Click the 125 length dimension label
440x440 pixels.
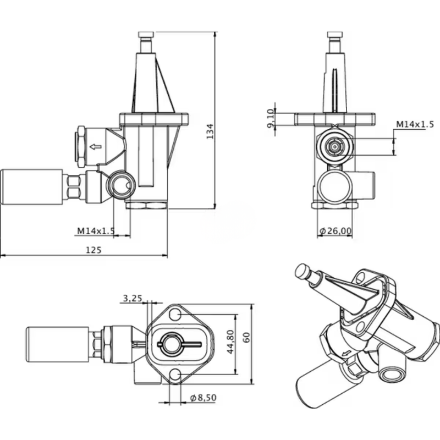[x=94, y=250]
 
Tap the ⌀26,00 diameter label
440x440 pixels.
[x=335, y=232]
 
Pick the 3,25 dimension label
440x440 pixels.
[x=133, y=298]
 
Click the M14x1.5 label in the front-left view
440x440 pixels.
[x=96, y=231]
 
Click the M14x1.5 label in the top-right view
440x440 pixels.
[x=415, y=125]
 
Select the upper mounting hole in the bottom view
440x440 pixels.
[x=175, y=315]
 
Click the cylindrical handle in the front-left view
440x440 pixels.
[x=32, y=187]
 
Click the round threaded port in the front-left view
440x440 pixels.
[x=120, y=186]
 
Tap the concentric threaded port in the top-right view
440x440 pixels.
[x=333, y=147]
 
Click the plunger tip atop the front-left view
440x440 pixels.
[x=146, y=36]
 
